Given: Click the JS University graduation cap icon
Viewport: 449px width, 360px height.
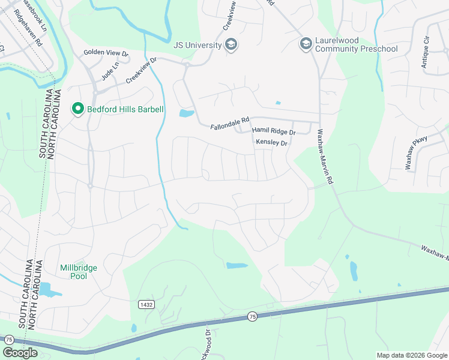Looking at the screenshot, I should [x=231, y=44].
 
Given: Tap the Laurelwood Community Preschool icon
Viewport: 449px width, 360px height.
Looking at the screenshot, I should [x=305, y=44].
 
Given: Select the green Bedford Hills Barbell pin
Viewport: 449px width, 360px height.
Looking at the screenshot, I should [x=77, y=109].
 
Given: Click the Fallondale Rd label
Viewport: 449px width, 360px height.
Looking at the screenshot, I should [x=229, y=127].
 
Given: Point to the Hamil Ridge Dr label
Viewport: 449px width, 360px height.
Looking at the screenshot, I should [x=274, y=131].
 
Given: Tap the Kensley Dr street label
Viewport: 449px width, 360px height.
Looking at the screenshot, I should [x=272, y=143].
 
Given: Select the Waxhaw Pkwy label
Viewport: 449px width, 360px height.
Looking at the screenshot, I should [x=415, y=152].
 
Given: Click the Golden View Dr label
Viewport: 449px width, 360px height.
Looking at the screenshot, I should [x=106, y=53].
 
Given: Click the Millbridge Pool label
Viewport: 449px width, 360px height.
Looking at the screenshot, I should [x=79, y=272].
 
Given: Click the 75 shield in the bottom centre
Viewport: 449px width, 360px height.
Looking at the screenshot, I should [x=252, y=316].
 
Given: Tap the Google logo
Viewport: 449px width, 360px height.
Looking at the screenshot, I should [x=20, y=353].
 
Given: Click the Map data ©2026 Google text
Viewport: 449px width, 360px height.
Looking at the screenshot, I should [x=412, y=355].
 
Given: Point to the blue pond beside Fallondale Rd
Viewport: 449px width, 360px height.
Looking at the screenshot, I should [x=187, y=113].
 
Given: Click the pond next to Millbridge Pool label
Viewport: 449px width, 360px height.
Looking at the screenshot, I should [x=50, y=292].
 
